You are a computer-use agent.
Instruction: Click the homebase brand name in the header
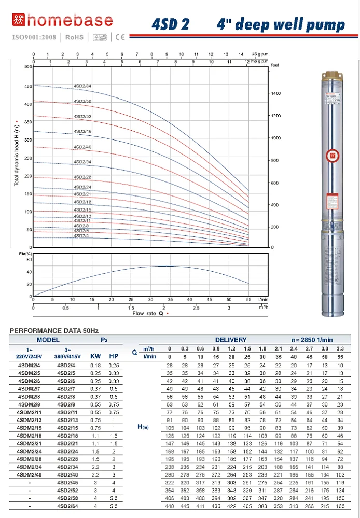point(70,21)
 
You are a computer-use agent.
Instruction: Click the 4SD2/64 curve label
point(83,86)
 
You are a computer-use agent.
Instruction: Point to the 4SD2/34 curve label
point(82,162)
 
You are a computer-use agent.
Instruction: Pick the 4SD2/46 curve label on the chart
point(82,132)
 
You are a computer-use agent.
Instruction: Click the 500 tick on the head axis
point(27,67)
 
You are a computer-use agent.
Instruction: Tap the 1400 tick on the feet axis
point(276,93)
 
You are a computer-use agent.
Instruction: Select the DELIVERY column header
point(231,340)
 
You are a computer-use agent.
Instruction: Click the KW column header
point(95,357)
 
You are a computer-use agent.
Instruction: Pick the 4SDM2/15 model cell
point(29,427)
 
